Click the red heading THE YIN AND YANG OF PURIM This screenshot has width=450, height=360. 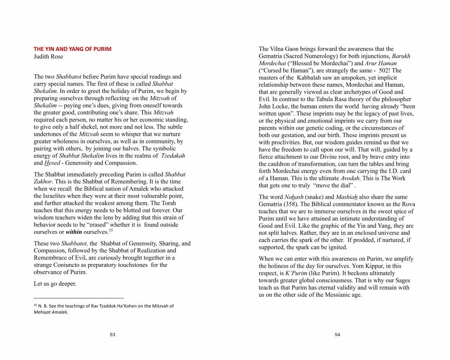[x=72, y=49]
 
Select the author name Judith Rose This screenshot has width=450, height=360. [x=48, y=57]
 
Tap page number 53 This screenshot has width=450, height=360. [x=112, y=335]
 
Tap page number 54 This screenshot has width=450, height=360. [x=337, y=335]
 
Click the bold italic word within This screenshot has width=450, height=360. [x=74, y=232]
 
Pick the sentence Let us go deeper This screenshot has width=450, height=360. [x=55, y=284]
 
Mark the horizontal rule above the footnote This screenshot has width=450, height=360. [x=79, y=298]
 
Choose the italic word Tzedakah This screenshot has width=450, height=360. [x=173, y=156]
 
